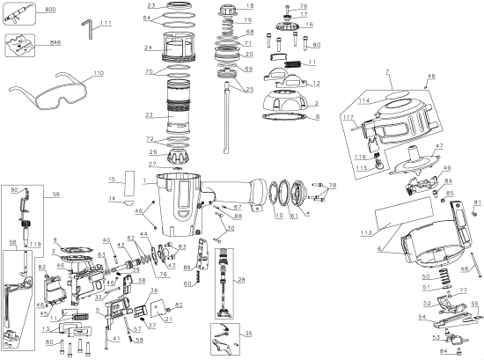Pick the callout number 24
pyautogui.click(x=150, y=48)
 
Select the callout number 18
pyautogui.click(x=248, y=5)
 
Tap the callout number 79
pyautogui.click(x=304, y=7)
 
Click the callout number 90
pyautogui.click(x=14, y=189)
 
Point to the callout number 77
pyautogui.click(x=464, y=289)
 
